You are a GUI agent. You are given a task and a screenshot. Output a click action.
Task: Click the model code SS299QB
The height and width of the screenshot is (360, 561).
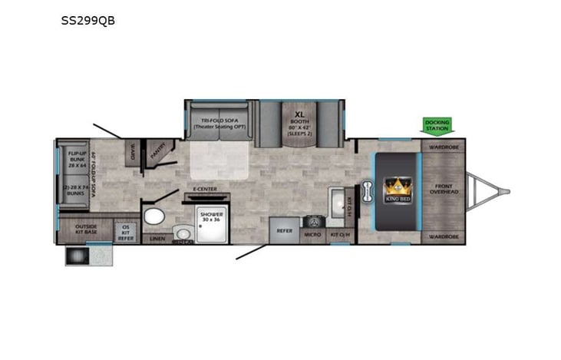pos(88,21)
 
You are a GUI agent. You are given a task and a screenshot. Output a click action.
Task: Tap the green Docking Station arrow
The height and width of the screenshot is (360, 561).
pos(437,125)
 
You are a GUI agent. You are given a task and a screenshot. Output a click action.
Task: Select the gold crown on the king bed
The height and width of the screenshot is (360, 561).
pos(398,187)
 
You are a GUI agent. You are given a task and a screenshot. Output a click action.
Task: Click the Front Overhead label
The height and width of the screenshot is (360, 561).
pos(444,189)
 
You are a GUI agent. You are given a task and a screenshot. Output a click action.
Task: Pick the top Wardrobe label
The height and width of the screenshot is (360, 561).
pos(444,147)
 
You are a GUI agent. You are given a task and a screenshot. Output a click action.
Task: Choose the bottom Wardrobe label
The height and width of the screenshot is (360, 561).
pos(444,237)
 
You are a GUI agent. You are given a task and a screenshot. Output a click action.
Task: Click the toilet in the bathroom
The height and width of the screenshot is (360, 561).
pos(154,216)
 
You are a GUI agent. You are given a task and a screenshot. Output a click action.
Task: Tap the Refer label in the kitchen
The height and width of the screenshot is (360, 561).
pos(284,230)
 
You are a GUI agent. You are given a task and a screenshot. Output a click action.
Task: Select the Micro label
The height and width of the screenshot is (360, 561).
pos(312,234)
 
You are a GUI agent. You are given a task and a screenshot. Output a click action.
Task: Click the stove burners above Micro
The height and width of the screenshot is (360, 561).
pos(312,221)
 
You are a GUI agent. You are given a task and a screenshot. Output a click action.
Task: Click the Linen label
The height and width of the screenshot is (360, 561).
pos(157,239)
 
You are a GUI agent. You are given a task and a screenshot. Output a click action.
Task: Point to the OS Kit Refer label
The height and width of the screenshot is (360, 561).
pos(125,231)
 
